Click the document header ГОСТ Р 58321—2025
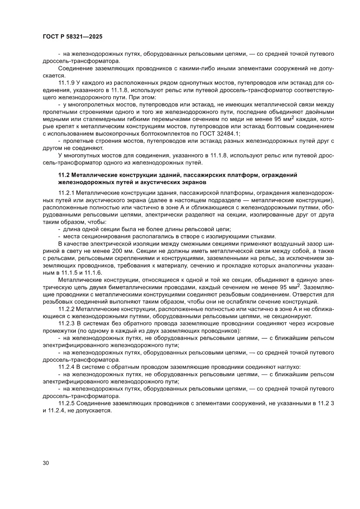pyautogui.click(x=73, y=37)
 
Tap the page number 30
pyautogui.click(x=46, y=462)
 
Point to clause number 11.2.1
pyautogui.click(x=67, y=192)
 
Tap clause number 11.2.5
pyautogui.click(x=67, y=404)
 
